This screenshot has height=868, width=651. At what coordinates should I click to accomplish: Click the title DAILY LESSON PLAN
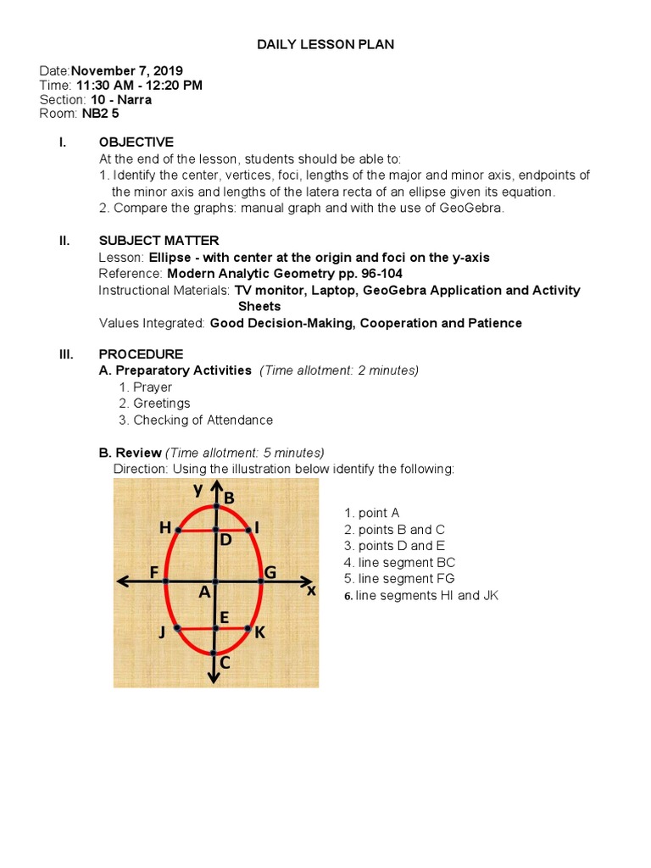tap(325, 43)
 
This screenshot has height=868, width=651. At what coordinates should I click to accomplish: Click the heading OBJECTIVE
tap(136, 142)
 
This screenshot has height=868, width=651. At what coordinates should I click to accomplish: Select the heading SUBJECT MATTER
tap(159, 241)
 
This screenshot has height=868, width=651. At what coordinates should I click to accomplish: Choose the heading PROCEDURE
tap(140, 353)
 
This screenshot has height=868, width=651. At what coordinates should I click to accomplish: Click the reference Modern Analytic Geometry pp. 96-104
tap(284, 274)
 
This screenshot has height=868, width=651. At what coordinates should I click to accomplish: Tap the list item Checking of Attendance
tap(203, 420)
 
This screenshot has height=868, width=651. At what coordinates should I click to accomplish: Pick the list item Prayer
tap(152, 387)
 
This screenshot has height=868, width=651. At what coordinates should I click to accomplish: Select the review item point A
tap(371, 513)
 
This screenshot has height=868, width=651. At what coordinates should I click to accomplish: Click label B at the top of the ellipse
tap(229, 497)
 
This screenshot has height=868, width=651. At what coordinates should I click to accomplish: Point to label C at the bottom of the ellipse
tap(225, 663)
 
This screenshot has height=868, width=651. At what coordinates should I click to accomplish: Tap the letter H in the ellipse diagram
tap(164, 528)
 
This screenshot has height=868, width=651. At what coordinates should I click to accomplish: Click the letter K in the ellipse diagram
tap(259, 632)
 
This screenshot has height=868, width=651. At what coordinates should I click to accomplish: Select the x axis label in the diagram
tap(311, 591)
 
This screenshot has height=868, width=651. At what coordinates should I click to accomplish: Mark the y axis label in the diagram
tap(198, 490)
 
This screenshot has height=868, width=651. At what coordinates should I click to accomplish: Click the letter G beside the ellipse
tap(270, 573)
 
